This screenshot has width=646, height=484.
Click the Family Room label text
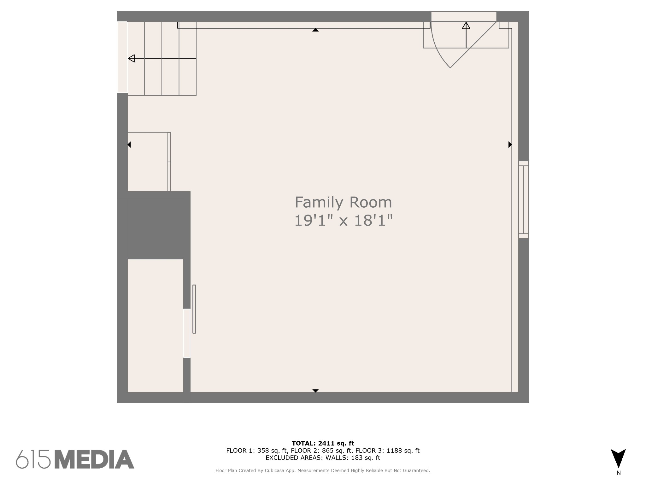(x=343, y=203)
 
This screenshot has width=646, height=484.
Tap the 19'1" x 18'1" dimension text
(x=344, y=220)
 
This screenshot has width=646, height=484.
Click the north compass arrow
(x=618, y=458)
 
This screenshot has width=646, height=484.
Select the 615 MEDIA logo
(x=75, y=459)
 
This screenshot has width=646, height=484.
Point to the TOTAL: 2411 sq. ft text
(x=323, y=444)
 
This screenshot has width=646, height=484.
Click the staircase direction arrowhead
(x=131, y=58)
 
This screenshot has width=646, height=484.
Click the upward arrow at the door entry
(x=466, y=35)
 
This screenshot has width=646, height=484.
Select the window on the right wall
(x=524, y=199)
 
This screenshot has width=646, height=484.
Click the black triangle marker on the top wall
(x=315, y=30)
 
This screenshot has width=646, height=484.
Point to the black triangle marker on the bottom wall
(x=315, y=391)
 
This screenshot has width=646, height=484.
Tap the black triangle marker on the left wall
(x=129, y=145)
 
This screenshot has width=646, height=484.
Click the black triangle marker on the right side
(x=510, y=145)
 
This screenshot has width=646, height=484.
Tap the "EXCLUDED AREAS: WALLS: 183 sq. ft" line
(x=323, y=458)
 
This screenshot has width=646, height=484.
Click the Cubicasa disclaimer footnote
(x=323, y=470)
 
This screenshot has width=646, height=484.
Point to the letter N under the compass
(x=619, y=473)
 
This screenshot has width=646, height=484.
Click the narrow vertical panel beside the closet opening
(x=194, y=309)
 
